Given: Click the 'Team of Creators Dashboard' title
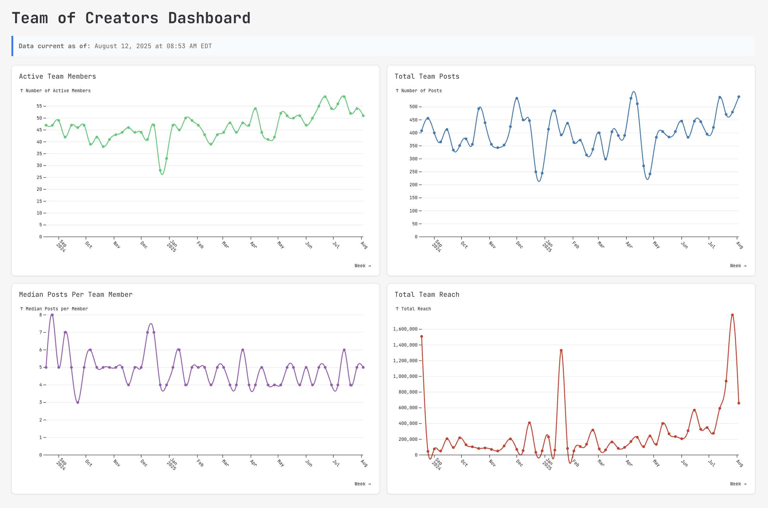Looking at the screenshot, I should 131,18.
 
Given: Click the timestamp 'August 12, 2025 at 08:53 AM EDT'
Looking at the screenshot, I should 153,46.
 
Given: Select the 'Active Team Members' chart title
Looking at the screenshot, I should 57,77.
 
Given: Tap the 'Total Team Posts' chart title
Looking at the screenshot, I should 427,77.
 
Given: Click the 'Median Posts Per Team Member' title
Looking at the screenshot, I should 76,294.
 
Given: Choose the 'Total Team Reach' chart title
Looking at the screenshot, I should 427,294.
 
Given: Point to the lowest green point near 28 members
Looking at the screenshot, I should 160,171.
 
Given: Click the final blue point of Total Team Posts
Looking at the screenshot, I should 739,97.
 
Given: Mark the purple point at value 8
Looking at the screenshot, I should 52,315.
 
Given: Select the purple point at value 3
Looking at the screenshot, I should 78,402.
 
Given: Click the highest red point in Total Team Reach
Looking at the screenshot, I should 732,315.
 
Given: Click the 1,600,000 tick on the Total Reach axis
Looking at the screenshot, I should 405,329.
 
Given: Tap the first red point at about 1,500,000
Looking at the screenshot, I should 422,337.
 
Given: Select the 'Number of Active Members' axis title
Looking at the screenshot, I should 58,91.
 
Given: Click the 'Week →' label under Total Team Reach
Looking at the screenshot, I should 738,484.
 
